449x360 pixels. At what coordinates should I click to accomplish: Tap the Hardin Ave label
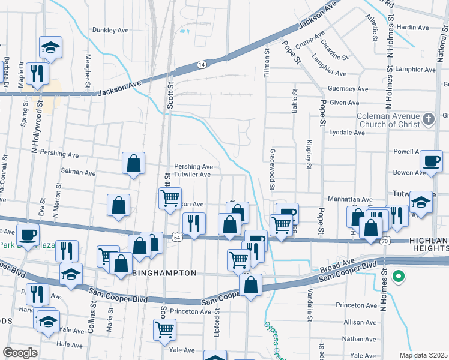413,28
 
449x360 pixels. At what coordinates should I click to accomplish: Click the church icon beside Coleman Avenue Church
428,119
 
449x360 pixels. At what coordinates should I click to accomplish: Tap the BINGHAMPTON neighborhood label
164,273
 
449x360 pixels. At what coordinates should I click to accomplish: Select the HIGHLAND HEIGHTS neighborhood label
428,245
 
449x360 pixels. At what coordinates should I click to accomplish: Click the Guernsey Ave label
340,88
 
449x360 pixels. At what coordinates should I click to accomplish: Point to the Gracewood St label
272,170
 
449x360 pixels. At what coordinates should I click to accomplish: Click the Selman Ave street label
79,173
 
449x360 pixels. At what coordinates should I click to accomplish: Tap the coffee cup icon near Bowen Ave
430,160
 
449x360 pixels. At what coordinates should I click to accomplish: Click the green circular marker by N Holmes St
397,277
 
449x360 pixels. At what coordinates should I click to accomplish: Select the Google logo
20,353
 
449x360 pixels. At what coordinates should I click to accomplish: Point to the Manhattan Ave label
350,199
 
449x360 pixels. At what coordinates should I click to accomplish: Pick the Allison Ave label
360,322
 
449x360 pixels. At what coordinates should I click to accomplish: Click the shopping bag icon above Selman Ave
133,163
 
